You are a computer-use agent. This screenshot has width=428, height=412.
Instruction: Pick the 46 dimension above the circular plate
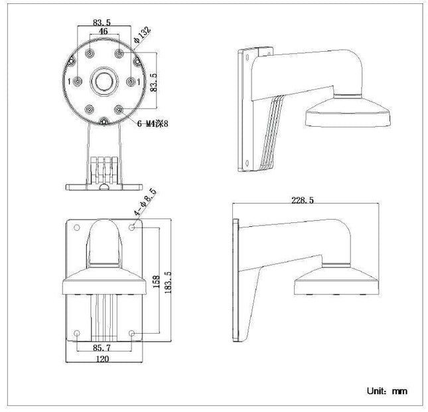[104, 31]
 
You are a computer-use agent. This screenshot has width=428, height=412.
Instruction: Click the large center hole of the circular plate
[104, 81]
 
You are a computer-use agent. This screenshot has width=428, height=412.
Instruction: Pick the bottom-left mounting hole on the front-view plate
[77, 332]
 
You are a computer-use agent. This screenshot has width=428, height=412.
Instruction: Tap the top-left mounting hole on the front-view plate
[77, 227]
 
